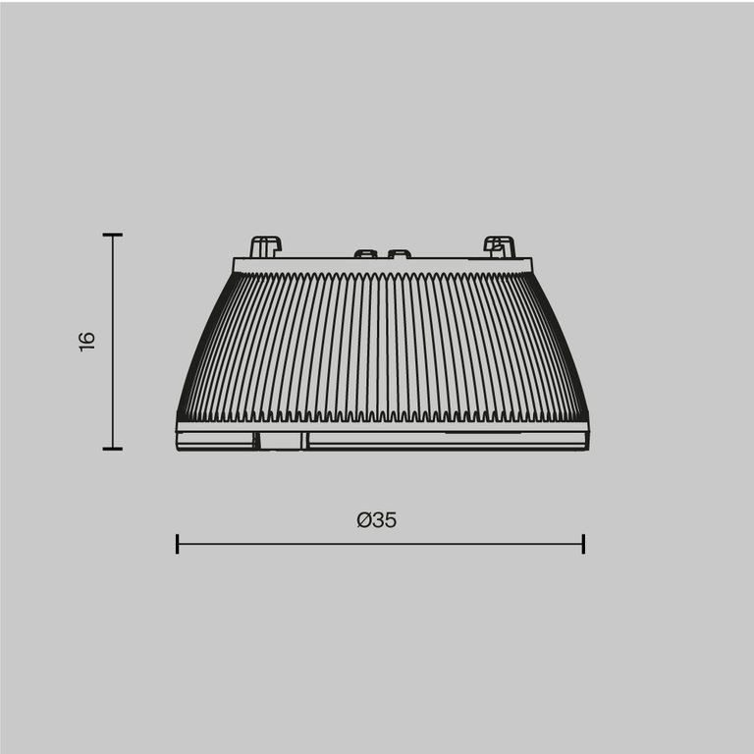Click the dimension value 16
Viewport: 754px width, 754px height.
[x=87, y=342]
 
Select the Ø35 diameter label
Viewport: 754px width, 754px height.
[x=377, y=520]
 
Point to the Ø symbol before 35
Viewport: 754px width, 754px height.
[x=363, y=520]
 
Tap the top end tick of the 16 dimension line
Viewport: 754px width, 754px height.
[x=112, y=236]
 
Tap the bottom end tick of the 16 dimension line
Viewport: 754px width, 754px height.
[x=112, y=449]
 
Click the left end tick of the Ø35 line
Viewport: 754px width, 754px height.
[x=177, y=544]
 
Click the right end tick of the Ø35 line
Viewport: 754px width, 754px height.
[x=583, y=544]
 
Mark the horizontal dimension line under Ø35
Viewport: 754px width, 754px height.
[x=380, y=544]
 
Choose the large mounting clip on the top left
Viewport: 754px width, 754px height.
[x=265, y=246]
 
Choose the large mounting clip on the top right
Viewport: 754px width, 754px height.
[x=499, y=246]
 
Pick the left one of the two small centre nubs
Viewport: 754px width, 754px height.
[x=365, y=254]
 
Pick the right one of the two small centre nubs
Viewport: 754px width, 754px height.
[x=399, y=254]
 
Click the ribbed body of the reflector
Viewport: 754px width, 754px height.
[x=383, y=344]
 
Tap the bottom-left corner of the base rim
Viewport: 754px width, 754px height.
[x=179, y=448]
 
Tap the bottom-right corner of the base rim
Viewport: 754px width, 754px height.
[x=587, y=448]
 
